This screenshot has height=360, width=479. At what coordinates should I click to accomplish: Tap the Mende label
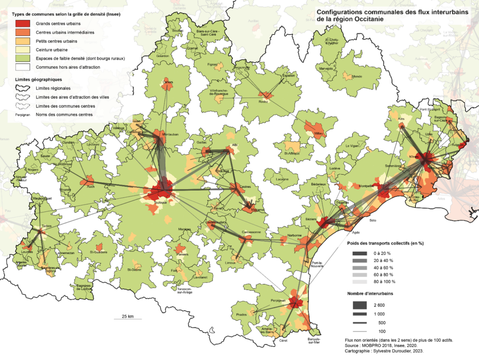pos(356,76)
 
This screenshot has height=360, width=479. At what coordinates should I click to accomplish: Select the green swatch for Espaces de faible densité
pos(23,58)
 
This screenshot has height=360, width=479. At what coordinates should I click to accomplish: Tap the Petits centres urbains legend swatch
pos(23,41)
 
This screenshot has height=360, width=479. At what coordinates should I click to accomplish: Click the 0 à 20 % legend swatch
pos(360,253)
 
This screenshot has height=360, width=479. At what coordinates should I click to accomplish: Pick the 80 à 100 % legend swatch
pos(360,281)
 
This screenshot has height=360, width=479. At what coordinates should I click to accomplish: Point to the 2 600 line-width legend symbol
pos(360,305)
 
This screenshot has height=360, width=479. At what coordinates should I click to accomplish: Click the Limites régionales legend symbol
pos(23,88)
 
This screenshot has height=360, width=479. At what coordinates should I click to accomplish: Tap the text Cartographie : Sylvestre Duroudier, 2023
pos(384,351)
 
